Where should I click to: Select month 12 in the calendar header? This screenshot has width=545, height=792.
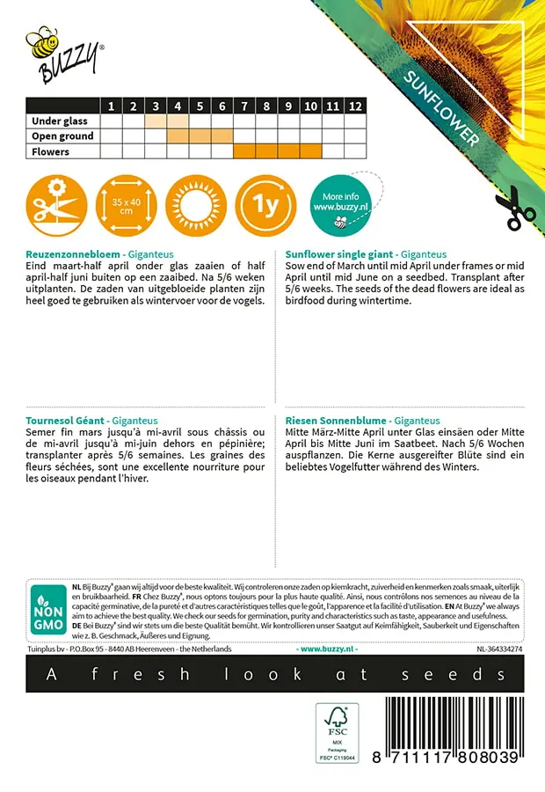(354, 106)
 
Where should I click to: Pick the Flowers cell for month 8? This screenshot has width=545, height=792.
(266, 151)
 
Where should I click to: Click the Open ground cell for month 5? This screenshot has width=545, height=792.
(200, 136)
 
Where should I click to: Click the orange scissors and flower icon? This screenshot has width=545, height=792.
(54, 207)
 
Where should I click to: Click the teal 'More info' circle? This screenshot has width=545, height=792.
(339, 207)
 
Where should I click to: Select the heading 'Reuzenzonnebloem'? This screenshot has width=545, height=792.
(71, 253)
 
